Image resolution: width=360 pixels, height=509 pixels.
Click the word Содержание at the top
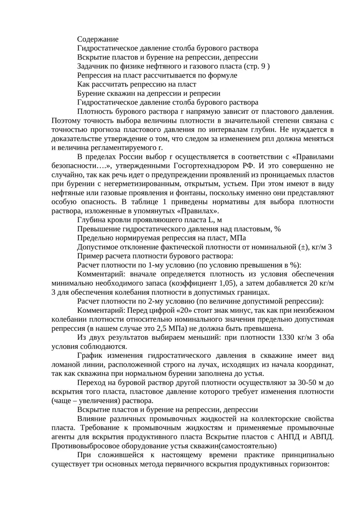[x=98, y=39]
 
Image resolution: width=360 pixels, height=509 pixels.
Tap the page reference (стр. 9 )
[x=256, y=66]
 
